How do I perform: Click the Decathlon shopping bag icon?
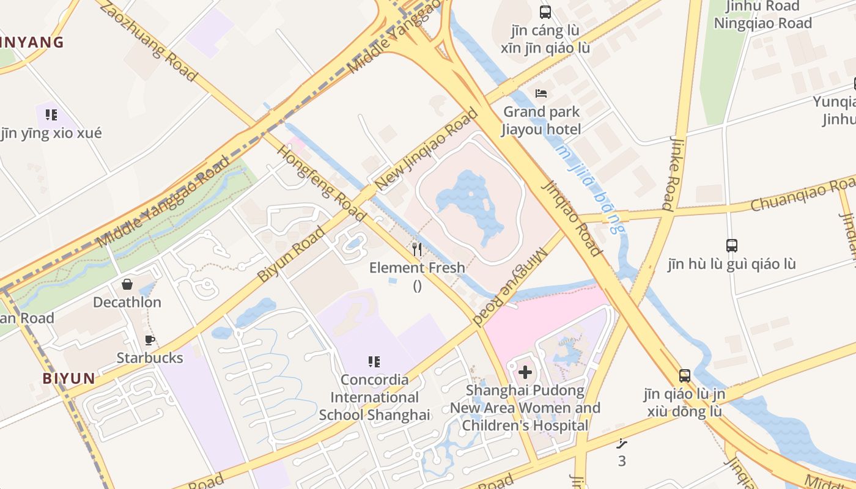pyautogui.click(x=127, y=284)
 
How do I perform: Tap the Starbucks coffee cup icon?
pyautogui.click(x=149, y=340)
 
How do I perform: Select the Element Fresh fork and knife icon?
pyautogui.click(x=417, y=249)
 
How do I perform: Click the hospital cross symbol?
pyautogui.click(x=525, y=372)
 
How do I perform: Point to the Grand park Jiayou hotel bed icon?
pyautogui.click(x=541, y=94)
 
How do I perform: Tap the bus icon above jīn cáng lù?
pyautogui.click(x=545, y=12)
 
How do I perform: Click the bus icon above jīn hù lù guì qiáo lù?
pyautogui.click(x=732, y=246)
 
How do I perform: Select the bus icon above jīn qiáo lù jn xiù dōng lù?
pyautogui.click(x=685, y=376)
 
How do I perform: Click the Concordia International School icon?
pyautogui.click(x=374, y=362)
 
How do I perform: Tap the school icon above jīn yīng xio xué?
pyautogui.click(x=51, y=115)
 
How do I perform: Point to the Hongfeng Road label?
pyautogui.click(x=322, y=183)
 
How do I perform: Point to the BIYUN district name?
pyautogui.click(x=69, y=378)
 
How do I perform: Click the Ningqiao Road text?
pyautogui.click(x=763, y=23)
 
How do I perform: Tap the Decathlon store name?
pyautogui.click(x=127, y=303)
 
